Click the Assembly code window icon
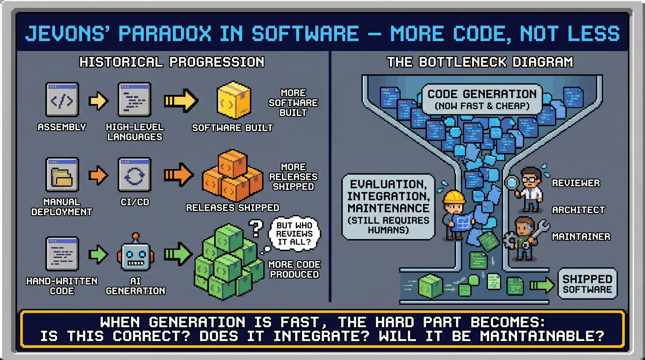[x=62, y=100]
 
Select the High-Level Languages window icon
[x=134, y=100]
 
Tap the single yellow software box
[x=234, y=100]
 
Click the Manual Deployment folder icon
[x=62, y=175]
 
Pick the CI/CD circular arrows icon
[x=134, y=175]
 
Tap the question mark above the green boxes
[x=256, y=228]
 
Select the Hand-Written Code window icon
[x=62, y=254]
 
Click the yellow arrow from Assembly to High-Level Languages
[x=98, y=101]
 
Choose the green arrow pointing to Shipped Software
[x=542, y=285]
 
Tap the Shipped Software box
[x=587, y=284]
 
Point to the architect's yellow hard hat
[x=454, y=197]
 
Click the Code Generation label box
[x=482, y=99]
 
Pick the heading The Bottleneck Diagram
[x=480, y=62]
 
